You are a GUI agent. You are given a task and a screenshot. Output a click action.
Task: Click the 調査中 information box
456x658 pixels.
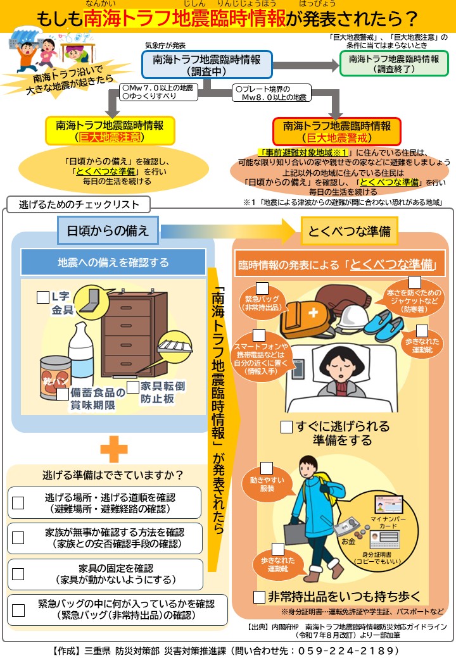tap(207, 65)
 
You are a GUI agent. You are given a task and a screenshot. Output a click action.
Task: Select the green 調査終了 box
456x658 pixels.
tap(394, 63)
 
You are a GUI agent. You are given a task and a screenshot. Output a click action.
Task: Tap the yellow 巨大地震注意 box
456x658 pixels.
tap(110, 131)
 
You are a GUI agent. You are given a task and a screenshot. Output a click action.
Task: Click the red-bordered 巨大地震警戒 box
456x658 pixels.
tap(336, 132)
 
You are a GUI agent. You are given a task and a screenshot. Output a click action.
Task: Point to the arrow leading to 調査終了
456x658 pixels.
tap(306, 65)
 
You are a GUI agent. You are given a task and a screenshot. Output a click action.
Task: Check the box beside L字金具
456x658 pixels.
tap(43, 297)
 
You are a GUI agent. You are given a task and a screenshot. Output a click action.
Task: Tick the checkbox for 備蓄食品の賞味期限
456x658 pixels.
tap(63, 394)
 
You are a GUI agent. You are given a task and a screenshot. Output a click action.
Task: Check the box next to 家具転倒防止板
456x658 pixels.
tap(133, 387)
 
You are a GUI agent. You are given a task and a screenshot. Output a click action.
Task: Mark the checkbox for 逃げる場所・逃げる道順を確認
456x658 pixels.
tap(18, 503)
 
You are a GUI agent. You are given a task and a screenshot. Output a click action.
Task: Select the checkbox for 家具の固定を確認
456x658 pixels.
tap(18, 574)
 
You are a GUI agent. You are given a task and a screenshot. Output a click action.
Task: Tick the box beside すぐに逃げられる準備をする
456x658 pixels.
tap(286, 427)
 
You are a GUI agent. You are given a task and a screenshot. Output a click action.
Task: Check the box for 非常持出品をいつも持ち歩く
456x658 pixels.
tap(259, 597)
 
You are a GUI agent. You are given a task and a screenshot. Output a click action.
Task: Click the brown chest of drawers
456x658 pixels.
tap(134, 333)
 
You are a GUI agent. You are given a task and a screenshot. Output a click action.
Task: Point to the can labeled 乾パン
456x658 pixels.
tap(56, 378)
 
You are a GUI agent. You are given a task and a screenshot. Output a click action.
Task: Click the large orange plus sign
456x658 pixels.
tap(114, 449)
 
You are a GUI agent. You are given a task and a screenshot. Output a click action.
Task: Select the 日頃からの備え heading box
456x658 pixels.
tap(108, 230)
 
